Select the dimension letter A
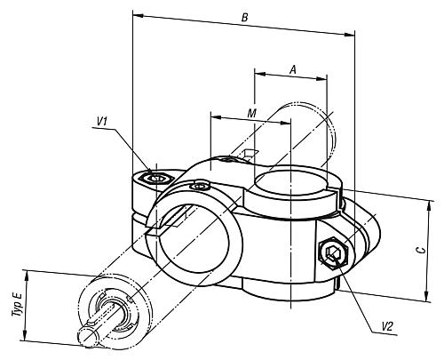[x=292, y=68]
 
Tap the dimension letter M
[x=252, y=115]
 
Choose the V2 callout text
[x=386, y=327]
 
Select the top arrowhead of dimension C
[x=430, y=199]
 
